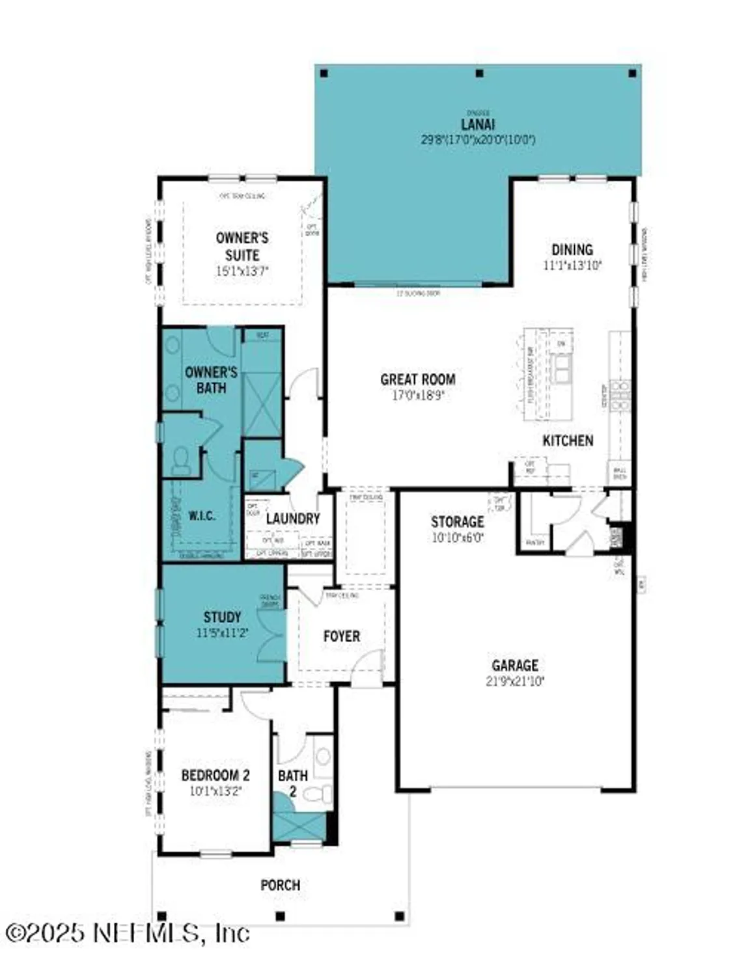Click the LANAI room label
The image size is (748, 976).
(x=478, y=124)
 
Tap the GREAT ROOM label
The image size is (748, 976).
(x=417, y=379)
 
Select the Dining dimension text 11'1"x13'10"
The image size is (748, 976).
(x=572, y=265)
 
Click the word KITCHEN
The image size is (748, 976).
(x=568, y=441)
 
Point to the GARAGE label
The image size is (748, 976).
(x=514, y=665)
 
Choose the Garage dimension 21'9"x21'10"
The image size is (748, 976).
(x=514, y=681)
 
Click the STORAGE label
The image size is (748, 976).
(x=457, y=522)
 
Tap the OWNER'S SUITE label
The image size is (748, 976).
(x=242, y=247)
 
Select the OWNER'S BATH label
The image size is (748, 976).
(x=211, y=380)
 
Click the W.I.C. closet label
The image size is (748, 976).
(x=202, y=516)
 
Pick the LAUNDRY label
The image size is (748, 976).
(x=292, y=519)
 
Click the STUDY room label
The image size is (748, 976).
(x=222, y=617)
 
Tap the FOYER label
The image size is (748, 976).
(x=341, y=636)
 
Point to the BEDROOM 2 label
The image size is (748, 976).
(x=215, y=775)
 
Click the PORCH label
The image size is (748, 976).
(x=280, y=885)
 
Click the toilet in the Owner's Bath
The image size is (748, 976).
(x=180, y=461)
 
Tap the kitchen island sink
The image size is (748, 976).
(x=561, y=369)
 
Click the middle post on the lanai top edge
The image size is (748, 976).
(x=479, y=74)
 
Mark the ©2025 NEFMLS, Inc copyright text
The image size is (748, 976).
(x=127, y=933)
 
